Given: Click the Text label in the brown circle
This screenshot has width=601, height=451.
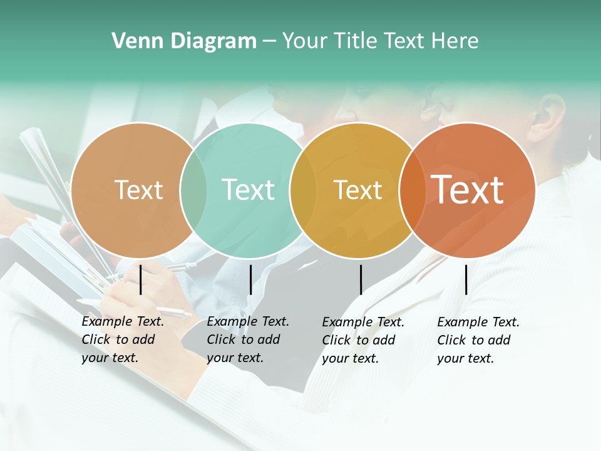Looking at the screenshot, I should click(138, 190).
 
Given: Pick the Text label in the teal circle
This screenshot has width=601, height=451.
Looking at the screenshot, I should click(248, 190).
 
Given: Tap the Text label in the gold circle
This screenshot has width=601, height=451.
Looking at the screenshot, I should click(357, 190).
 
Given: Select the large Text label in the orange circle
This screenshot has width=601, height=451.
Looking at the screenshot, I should click(467, 189).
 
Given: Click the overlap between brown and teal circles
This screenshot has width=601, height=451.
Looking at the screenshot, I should click(193, 190).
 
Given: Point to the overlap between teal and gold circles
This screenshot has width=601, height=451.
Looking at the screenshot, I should click(303, 190).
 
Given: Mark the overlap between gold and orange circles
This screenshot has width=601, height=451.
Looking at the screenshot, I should click(412, 190).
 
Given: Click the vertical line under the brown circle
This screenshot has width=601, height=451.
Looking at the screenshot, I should click(141, 279).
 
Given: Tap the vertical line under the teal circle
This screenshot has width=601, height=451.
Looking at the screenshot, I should click(250, 279).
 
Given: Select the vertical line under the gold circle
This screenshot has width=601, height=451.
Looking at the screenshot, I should click(361, 279).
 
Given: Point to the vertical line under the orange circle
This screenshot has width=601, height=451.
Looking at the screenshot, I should click(466, 279).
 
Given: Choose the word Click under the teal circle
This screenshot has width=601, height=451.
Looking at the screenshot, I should click(221, 340).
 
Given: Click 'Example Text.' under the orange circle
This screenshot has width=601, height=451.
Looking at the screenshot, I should click(478, 322).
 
